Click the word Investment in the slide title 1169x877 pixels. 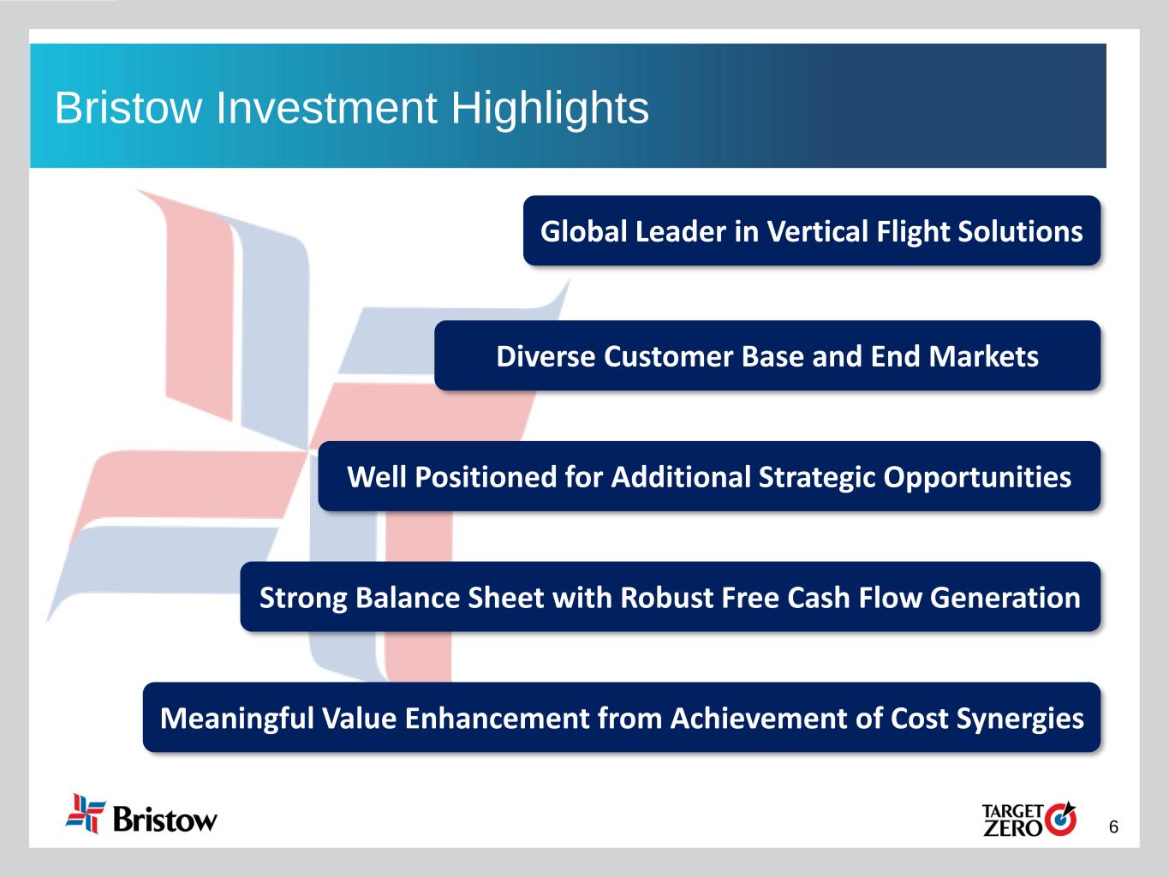tap(326, 108)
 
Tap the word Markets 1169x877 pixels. tap(984, 356)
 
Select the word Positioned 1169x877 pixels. tap(486, 476)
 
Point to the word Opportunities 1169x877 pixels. tap(977, 478)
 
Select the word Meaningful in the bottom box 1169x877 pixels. tap(237, 719)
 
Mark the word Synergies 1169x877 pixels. tap(1020, 719)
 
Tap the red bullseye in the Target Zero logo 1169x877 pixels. tap(1060, 820)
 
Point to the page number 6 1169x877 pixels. tap(1113, 827)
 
